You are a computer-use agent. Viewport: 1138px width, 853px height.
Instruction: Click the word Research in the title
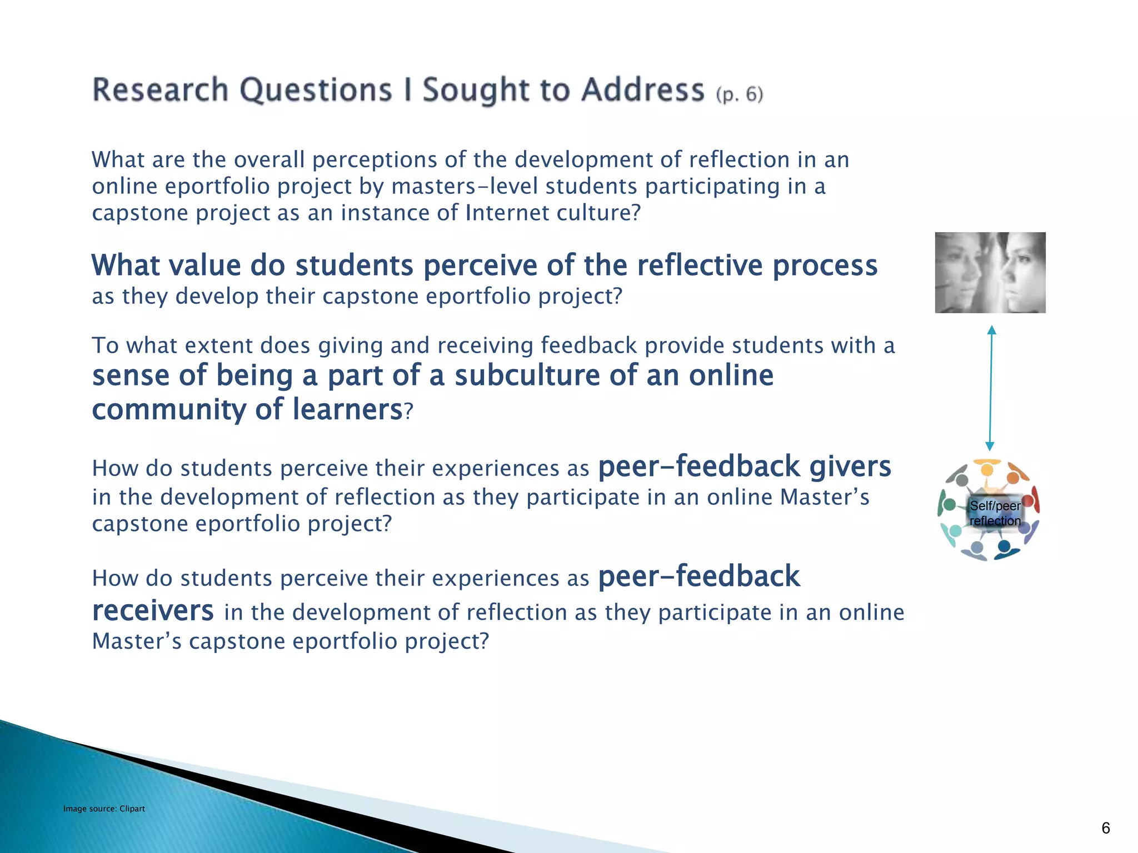pos(160,90)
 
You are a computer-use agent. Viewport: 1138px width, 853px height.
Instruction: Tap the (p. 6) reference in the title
pos(740,94)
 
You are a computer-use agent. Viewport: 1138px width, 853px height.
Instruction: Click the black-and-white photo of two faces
pos(990,273)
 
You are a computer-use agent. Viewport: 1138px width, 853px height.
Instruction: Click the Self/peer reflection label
pos(995,513)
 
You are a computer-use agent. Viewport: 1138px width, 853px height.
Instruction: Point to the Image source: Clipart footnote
pos(104,809)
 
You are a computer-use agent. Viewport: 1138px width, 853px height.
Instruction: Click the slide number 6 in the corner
pos(1105,828)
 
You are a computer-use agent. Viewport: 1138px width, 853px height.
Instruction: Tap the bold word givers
pos(850,466)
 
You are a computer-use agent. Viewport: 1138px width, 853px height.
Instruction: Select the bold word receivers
pos(153,611)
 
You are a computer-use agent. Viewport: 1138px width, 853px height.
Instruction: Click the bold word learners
pos(347,410)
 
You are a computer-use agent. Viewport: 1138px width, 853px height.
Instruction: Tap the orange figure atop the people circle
pos(987,469)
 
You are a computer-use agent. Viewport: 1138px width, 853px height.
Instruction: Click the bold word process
pos(825,265)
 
